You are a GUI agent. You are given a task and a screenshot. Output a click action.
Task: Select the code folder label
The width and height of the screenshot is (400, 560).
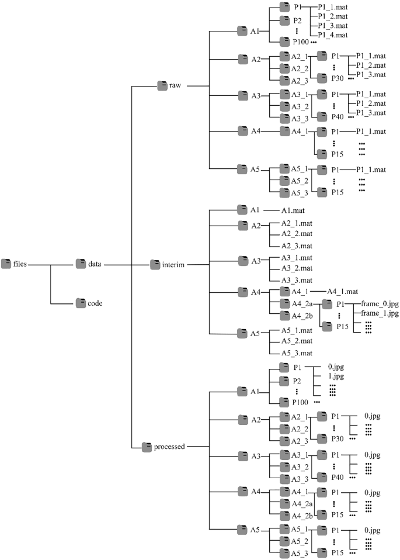pyautogui.click(x=95, y=303)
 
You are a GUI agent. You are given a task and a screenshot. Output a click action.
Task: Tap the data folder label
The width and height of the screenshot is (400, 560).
pyautogui.click(x=95, y=264)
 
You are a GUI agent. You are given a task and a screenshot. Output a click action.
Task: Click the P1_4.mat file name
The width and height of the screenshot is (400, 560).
pyautogui.click(x=333, y=35)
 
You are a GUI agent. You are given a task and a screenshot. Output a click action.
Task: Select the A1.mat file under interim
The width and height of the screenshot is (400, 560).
pyautogui.click(x=293, y=210)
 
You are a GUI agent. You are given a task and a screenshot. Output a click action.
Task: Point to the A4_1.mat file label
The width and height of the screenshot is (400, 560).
pyautogui.click(x=346, y=291)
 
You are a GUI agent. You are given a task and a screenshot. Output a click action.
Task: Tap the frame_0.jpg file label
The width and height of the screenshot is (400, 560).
pyautogui.click(x=380, y=304)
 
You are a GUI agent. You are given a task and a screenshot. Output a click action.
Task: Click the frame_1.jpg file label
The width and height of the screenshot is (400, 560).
pyautogui.click(x=380, y=314)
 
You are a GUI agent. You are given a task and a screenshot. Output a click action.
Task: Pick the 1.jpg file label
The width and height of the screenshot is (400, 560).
pyautogui.click(x=337, y=377)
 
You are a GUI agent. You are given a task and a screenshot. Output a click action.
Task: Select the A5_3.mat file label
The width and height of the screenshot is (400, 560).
pyautogui.click(x=297, y=352)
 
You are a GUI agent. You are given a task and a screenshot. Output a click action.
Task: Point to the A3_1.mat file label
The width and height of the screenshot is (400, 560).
pyautogui.click(x=297, y=258)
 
